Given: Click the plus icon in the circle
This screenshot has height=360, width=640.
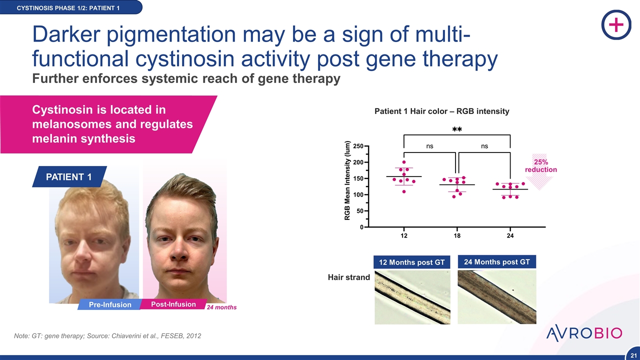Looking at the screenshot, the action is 616,25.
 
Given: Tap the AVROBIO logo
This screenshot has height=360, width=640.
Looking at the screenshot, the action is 584,333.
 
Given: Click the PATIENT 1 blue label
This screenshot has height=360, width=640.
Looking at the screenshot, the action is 69,177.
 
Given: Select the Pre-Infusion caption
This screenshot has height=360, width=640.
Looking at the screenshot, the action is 110,304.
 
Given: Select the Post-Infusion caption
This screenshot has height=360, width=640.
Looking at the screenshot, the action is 173,304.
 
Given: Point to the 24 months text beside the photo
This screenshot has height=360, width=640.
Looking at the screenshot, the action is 221,307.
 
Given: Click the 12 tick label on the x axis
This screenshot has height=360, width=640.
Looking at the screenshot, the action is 404,235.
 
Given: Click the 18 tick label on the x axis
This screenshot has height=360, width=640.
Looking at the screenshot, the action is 457,235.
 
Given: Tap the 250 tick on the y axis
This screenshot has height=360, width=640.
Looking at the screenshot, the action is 358,146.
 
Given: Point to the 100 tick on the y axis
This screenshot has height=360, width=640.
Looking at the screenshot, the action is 358,195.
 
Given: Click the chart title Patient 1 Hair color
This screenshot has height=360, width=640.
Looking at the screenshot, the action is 441,111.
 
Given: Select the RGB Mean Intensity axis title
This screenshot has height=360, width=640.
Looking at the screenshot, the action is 347,180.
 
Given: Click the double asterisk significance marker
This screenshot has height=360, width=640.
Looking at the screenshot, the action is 457,129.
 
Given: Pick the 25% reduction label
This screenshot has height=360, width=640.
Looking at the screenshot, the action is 541,165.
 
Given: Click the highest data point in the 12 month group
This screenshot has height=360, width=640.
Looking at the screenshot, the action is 404,162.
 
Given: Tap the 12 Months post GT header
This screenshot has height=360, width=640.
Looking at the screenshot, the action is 411,262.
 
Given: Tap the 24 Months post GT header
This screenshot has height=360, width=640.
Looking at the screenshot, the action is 497,262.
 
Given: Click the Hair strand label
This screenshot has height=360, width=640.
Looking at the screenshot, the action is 349,277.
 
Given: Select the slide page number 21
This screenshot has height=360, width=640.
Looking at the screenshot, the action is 633,355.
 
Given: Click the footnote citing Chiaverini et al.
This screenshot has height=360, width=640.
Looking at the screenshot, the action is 107,335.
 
